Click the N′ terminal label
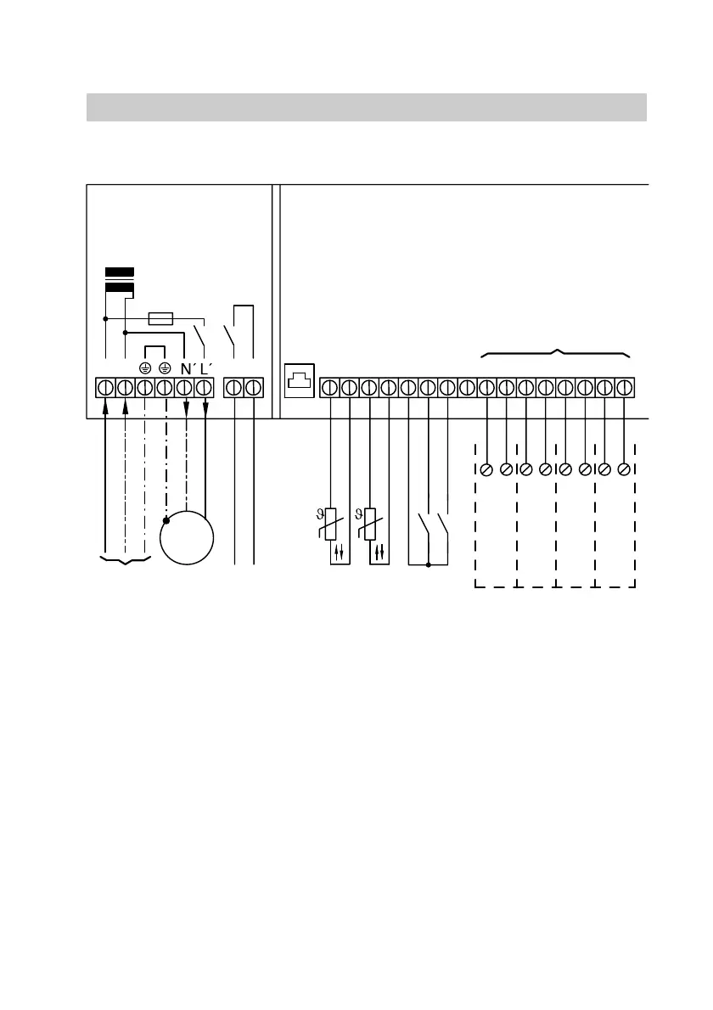(187, 370)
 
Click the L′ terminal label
(205, 370)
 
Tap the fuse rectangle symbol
(161, 319)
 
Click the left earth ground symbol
(145, 369)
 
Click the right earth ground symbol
(165, 369)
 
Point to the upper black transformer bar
(119, 272)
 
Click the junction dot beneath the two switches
(428, 564)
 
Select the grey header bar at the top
(367, 107)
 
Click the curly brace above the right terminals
(556, 352)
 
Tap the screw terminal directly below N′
(185, 389)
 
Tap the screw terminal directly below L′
(205, 389)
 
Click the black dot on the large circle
(166, 519)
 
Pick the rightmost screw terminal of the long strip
(625, 389)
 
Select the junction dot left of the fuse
(105, 319)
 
